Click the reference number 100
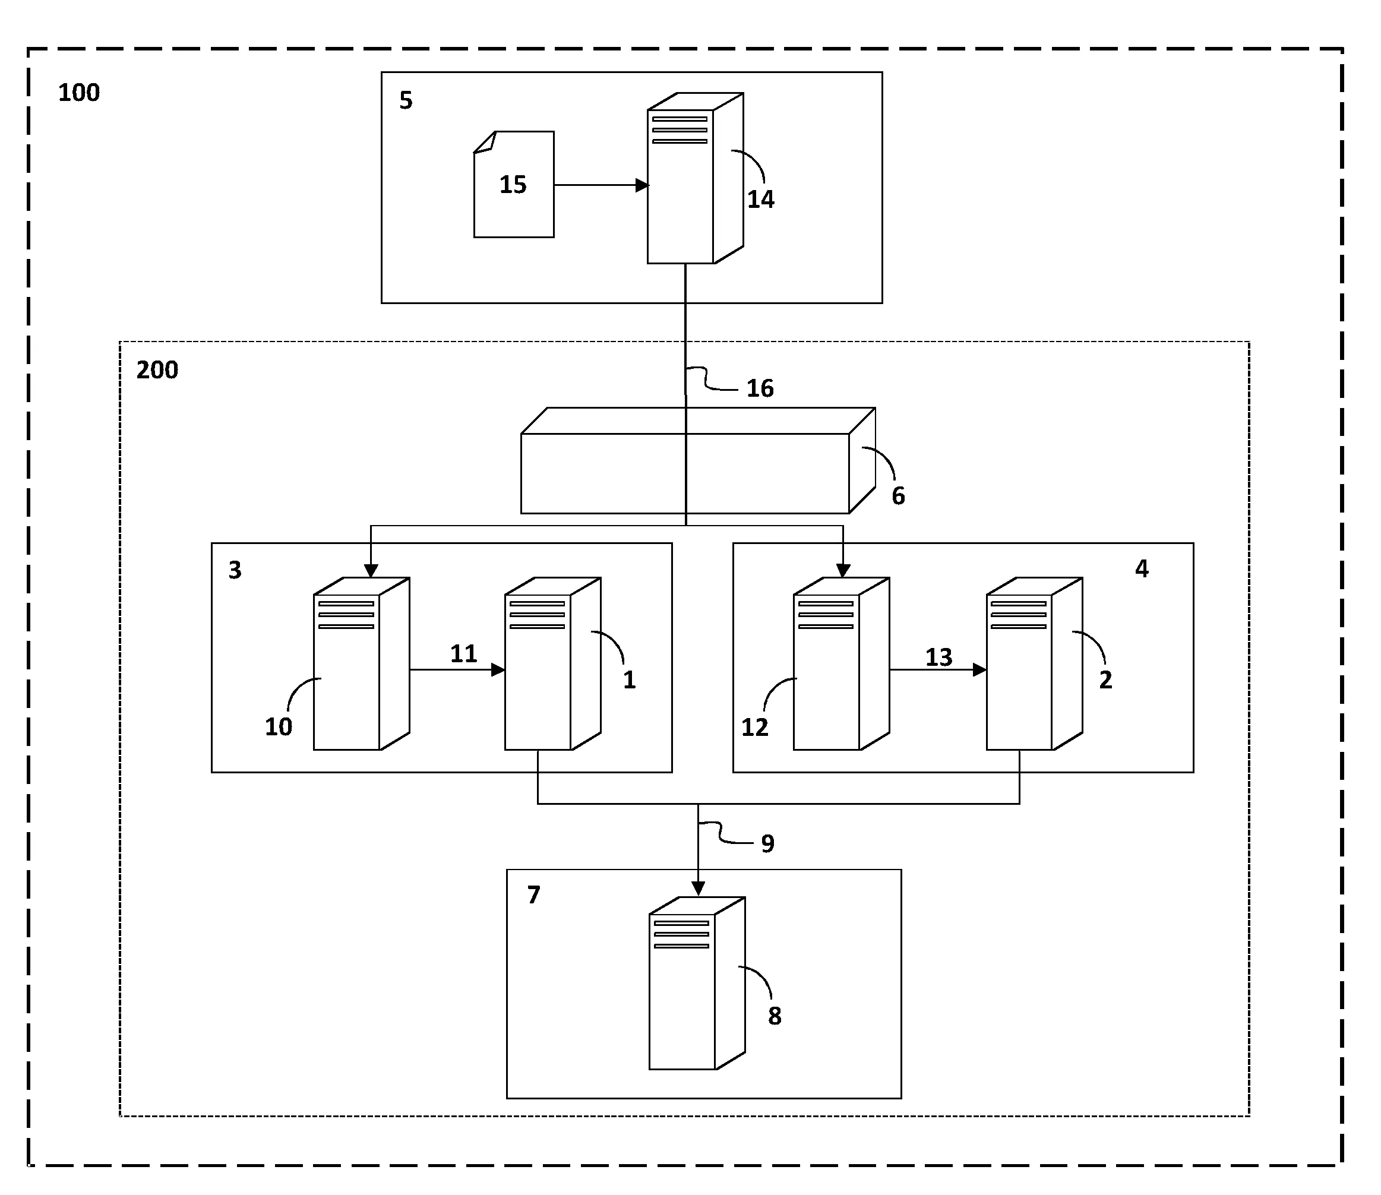pos(78,93)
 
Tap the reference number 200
pos(157,370)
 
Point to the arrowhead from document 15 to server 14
pos(642,185)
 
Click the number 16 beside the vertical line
pos(760,389)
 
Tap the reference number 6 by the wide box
pos(898,496)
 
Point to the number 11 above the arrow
pos(463,654)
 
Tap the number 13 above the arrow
pos(938,658)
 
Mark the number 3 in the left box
pos(235,570)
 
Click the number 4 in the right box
pos(1142,569)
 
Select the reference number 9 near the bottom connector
pos(767,844)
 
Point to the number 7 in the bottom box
pos(533,895)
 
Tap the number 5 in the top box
pos(406,101)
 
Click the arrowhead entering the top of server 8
pos(698,889)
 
